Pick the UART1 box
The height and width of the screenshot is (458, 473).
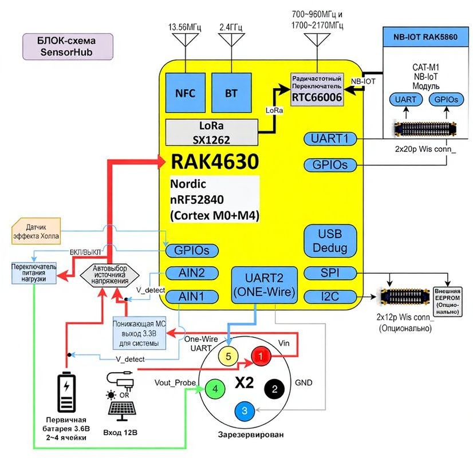pos(330,139)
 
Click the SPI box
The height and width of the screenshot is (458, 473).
pos(330,274)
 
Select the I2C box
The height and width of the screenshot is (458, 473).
pos(330,297)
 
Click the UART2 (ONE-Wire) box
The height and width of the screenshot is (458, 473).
pos(264,285)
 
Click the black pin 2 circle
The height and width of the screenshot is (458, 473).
pos(274,389)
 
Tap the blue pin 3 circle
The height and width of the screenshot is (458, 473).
pos(245,410)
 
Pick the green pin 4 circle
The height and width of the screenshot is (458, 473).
pos(215,389)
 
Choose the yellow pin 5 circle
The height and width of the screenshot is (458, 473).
pos(228,356)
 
